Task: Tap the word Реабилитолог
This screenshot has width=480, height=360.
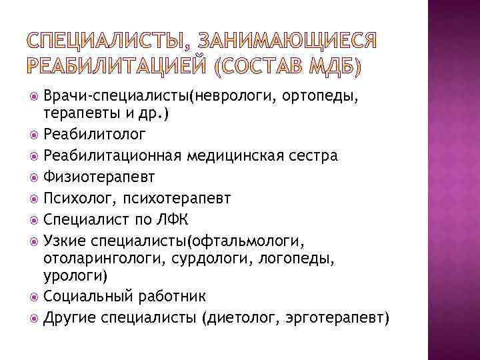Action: point(93,135)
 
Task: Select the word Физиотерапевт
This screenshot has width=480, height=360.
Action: point(99,177)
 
